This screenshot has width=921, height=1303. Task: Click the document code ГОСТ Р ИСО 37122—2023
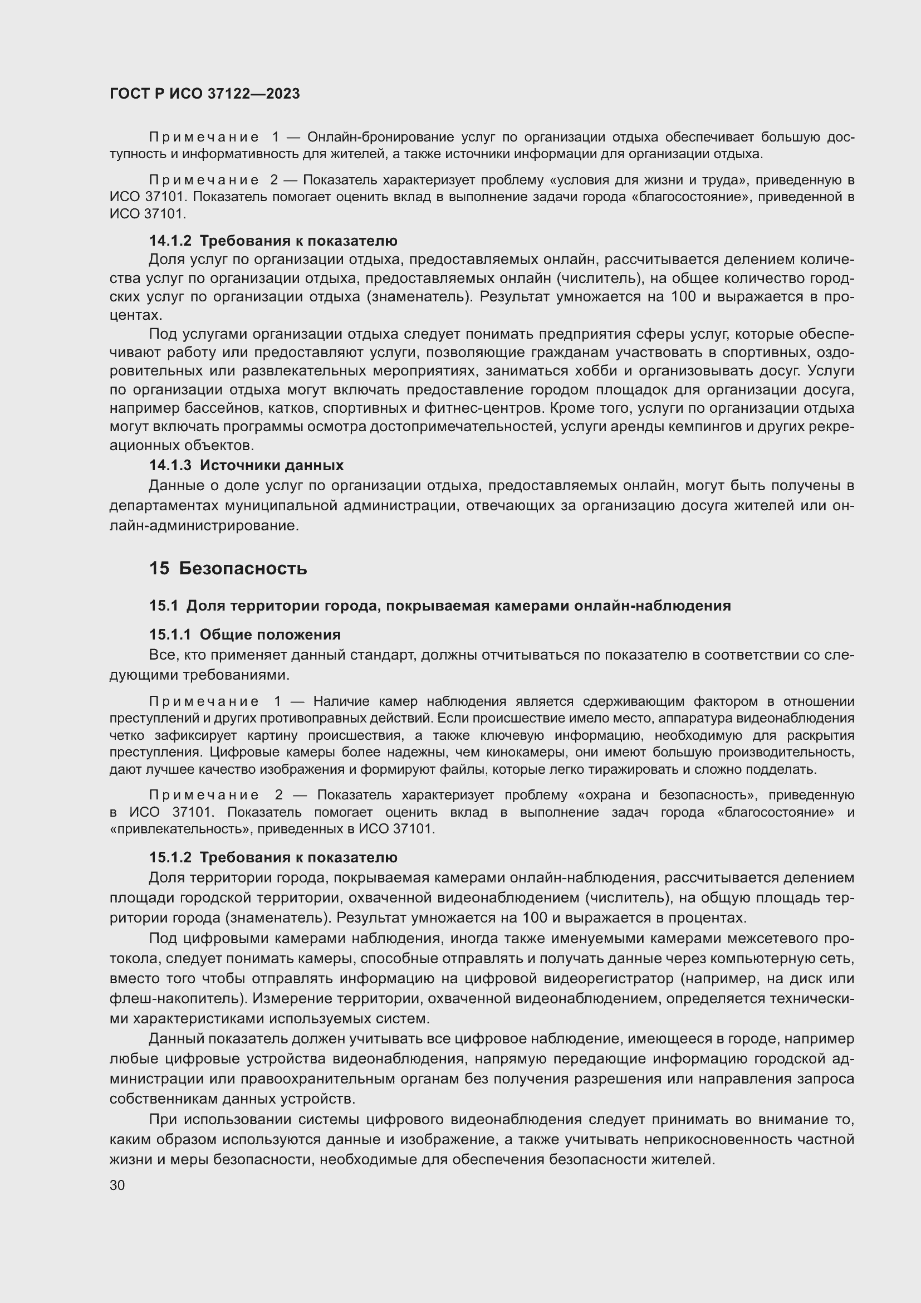click(x=205, y=94)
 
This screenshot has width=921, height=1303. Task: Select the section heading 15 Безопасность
click(x=228, y=569)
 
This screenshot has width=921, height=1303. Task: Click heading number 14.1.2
click(x=170, y=241)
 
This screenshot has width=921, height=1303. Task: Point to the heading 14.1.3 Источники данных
click(x=246, y=465)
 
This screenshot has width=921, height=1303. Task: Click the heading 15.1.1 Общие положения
click(x=244, y=635)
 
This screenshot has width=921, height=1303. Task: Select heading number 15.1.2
click(x=170, y=857)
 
